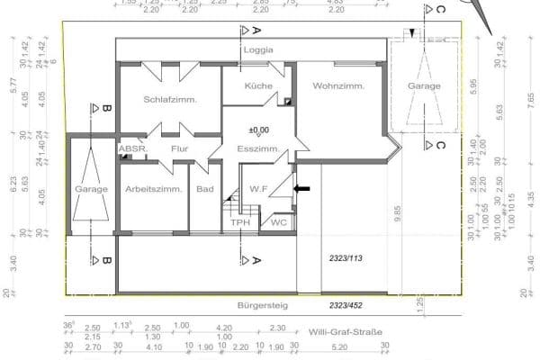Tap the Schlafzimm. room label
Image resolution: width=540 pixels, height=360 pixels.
(x=170, y=100)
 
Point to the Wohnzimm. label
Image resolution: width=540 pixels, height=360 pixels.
(x=338, y=86)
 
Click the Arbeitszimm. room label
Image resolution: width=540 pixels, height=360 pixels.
(x=154, y=190)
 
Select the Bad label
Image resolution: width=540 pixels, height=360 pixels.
(x=204, y=190)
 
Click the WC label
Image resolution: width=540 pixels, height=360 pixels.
(x=278, y=221)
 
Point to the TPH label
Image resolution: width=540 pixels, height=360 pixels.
(x=239, y=222)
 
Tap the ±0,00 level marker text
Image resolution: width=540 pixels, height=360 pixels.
(x=260, y=130)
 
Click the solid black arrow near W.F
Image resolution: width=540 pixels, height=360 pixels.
(x=302, y=189)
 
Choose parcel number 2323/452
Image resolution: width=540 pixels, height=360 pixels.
(x=346, y=306)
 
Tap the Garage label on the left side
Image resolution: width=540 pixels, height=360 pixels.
(x=92, y=190)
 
